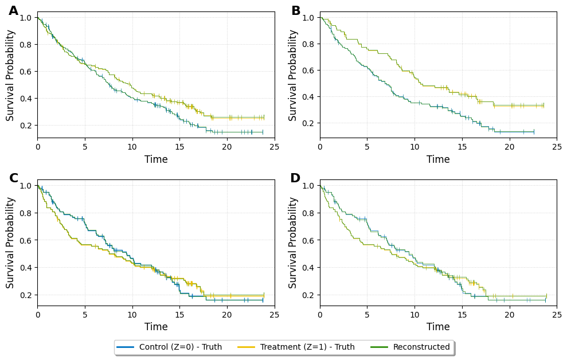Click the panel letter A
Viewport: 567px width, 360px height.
coord(13,11)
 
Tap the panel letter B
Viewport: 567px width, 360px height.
coord(296,11)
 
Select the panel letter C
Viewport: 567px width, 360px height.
coord(14,178)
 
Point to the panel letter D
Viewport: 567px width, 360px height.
coord(295,178)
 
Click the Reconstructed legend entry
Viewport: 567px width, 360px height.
coord(421,347)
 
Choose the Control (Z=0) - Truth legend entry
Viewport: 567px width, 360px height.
coord(180,347)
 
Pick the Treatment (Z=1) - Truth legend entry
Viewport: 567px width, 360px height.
coord(307,347)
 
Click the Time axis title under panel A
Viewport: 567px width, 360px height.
coord(156,159)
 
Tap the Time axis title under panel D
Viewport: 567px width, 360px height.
coord(438,327)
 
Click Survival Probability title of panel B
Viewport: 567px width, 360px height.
coord(293,75)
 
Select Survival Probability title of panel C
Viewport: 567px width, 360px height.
coord(10,242)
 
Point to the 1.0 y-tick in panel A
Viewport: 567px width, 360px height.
coord(26,17)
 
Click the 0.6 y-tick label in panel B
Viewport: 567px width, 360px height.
coord(308,71)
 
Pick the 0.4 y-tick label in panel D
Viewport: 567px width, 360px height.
coord(308,268)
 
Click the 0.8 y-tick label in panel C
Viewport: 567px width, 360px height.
coord(26,213)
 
